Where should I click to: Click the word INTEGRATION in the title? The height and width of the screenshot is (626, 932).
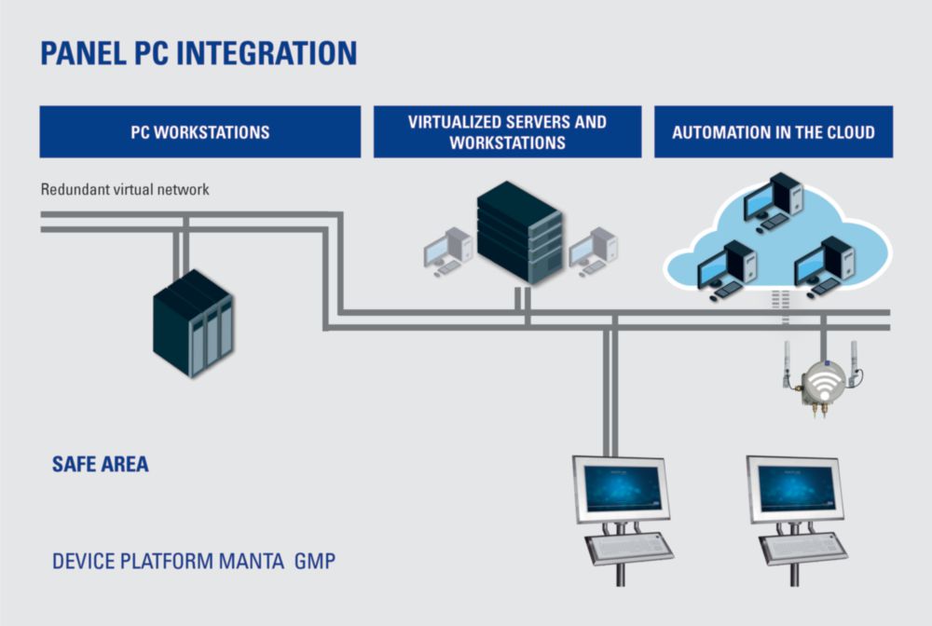pyautogui.click(x=267, y=53)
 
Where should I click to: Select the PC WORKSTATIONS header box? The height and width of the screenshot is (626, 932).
pyautogui.click(x=200, y=132)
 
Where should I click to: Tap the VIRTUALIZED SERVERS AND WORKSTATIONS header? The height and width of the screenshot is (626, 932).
pyautogui.click(x=508, y=132)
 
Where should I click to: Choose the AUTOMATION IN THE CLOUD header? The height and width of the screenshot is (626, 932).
pyautogui.click(x=774, y=132)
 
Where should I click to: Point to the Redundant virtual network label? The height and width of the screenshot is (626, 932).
pyautogui.click(x=125, y=189)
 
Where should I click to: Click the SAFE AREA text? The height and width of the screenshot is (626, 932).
pyautogui.click(x=101, y=464)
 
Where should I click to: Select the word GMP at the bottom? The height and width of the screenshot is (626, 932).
pyautogui.click(x=315, y=562)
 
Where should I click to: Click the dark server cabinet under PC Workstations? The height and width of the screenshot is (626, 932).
pyautogui.click(x=193, y=323)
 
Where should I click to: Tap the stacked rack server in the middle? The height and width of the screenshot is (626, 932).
pyautogui.click(x=519, y=233)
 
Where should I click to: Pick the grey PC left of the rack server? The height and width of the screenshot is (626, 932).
pyautogui.click(x=448, y=252)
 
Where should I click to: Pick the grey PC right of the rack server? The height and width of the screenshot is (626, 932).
pyautogui.click(x=593, y=252)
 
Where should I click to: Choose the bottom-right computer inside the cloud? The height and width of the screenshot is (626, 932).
pyautogui.click(x=825, y=267)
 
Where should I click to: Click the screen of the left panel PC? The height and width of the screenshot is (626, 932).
pyautogui.click(x=622, y=489)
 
